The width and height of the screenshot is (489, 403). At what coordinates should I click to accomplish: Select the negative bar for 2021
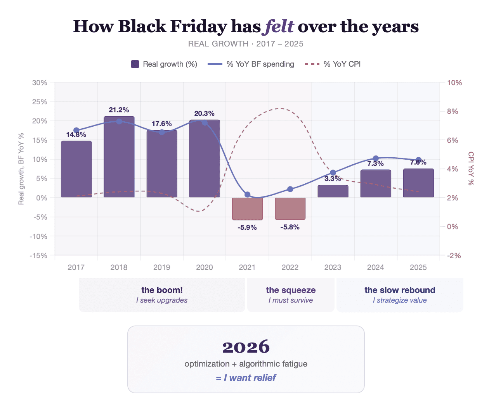click(x=247, y=208)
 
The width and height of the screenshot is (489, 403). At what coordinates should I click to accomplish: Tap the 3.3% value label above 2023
click(x=333, y=179)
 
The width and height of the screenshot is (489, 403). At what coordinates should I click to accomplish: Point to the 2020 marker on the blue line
click(x=205, y=122)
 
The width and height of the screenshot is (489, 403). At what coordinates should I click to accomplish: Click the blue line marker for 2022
click(x=290, y=189)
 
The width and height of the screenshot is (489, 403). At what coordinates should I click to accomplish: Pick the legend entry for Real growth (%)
click(x=164, y=64)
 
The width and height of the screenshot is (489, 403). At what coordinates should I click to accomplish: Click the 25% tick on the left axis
click(x=40, y=102)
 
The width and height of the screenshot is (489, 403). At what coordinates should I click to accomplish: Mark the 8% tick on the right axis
click(x=453, y=111)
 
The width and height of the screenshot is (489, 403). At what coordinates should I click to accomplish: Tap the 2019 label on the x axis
click(x=162, y=267)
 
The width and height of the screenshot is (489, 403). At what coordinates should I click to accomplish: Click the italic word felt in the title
click(x=279, y=26)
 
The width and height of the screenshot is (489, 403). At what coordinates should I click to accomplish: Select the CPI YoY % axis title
click(x=471, y=169)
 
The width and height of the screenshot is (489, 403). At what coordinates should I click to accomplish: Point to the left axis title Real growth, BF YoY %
click(x=21, y=169)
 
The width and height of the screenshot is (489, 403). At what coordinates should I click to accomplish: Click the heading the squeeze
click(x=291, y=290)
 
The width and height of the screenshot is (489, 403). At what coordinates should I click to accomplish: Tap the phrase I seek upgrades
click(x=162, y=300)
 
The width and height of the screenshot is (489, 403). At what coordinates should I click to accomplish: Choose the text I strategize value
click(x=400, y=300)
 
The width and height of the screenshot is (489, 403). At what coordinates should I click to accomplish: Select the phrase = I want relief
click(x=246, y=378)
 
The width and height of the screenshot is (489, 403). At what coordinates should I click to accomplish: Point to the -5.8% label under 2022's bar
click(x=290, y=227)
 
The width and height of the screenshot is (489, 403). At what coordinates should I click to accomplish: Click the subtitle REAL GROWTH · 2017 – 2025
click(x=246, y=44)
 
